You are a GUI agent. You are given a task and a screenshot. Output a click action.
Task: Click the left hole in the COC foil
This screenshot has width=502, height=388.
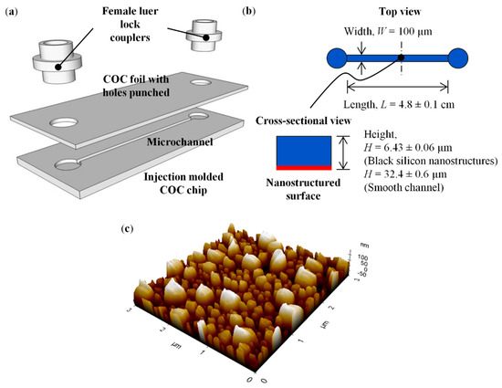[67, 121]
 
